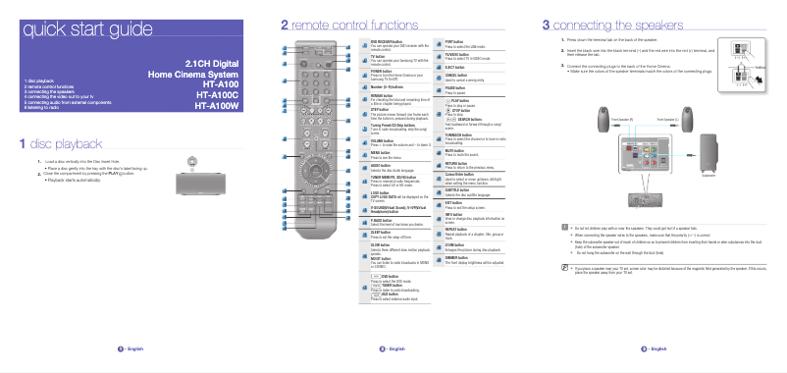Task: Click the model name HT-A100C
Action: [x=218, y=95]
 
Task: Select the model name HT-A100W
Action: [x=217, y=107]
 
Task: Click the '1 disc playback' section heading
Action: [x=68, y=143]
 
